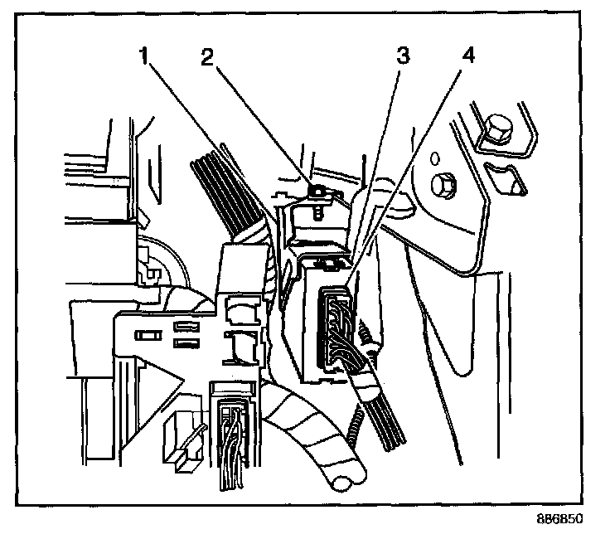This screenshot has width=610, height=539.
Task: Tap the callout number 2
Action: pyautogui.click(x=208, y=59)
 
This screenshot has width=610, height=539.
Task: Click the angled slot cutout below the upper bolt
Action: pyautogui.click(x=505, y=177)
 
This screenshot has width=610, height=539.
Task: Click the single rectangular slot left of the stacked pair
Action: pyautogui.click(x=149, y=335)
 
